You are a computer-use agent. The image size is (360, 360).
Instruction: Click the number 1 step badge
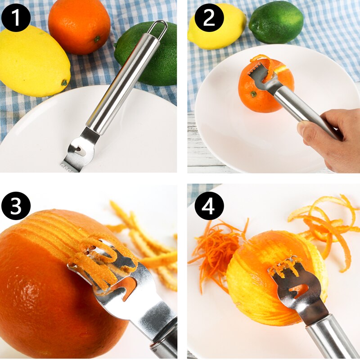(16, 18)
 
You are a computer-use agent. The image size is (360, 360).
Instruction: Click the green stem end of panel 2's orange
(253, 94)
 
